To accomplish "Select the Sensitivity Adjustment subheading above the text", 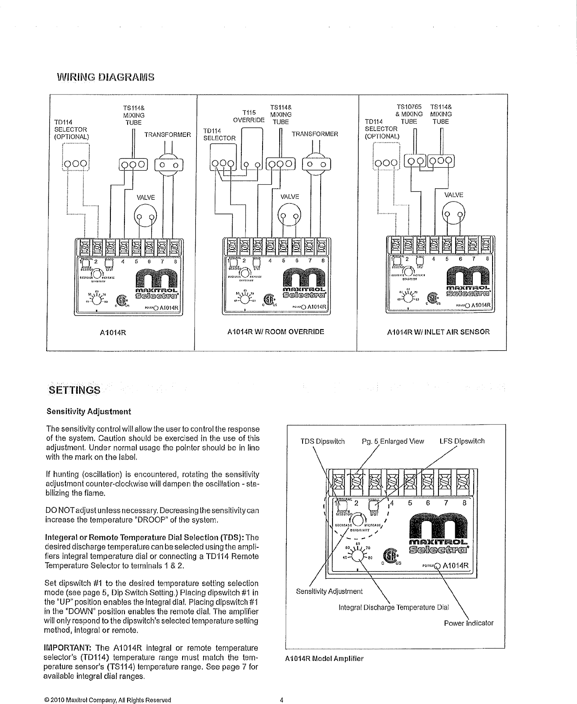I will pos(89,412).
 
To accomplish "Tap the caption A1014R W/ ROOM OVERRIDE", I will pos(276,331).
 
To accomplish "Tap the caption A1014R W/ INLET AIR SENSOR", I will pos(438,332).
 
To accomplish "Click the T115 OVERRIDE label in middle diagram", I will pos(249,116).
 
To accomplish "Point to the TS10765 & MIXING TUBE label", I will pos(409,114).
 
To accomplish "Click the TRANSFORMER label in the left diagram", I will pos(167,135).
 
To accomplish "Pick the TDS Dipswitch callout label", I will pos(322,441).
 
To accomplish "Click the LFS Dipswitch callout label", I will pos(462,441).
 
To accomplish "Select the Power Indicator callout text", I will pos(468,623).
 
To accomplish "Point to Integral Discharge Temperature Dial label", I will pos(394,608).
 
